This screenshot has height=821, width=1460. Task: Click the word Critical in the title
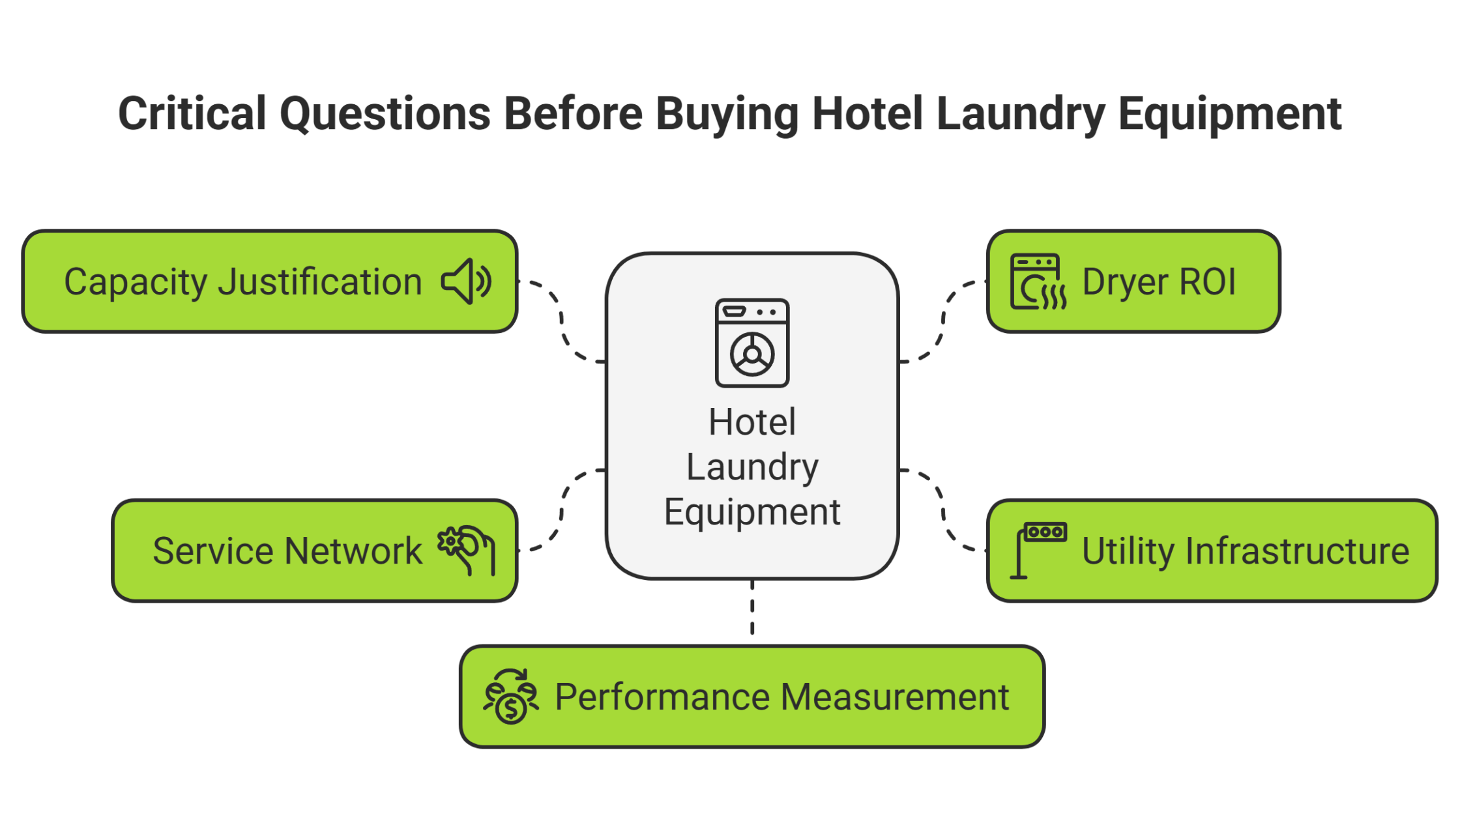pyautogui.click(x=192, y=114)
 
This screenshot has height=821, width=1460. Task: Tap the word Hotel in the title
pyautogui.click(x=868, y=114)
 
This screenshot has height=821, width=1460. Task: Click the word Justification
pyautogui.click(x=320, y=283)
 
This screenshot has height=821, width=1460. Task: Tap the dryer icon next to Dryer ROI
pyautogui.click(x=1038, y=281)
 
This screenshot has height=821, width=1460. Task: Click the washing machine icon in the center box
pyautogui.click(x=752, y=343)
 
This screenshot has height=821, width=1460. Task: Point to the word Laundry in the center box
pyautogui.click(x=752, y=467)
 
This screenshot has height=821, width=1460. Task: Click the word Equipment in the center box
pyautogui.click(x=752, y=511)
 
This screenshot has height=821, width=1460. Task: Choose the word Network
pyautogui.click(x=357, y=551)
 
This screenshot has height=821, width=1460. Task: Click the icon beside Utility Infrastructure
pyautogui.click(x=1038, y=550)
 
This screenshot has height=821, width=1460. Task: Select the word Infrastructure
pyautogui.click(x=1298, y=551)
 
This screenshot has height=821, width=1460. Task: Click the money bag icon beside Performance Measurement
pyautogui.click(x=511, y=697)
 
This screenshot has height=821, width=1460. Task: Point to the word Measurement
pyautogui.click(x=895, y=697)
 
